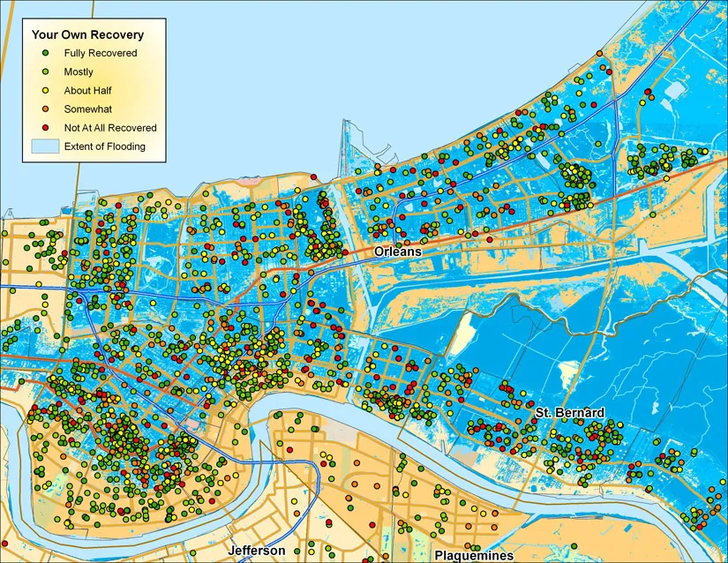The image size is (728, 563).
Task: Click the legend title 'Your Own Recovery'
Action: (x=87, y=35)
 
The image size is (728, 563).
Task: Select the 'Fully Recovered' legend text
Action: (x=100, y=53)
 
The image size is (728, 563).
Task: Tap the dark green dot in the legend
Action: (x=45, y=53)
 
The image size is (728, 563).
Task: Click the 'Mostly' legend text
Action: (x=79, y=72)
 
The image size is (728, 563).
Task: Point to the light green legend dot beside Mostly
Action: (x=45, y=72)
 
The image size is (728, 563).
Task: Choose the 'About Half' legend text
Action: (x=87, y=91)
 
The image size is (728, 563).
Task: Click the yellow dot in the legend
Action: (x=45, y=91)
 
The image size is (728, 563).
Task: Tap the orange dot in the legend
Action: (x=45, y=109)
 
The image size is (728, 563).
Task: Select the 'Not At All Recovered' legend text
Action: (x=109, y=128)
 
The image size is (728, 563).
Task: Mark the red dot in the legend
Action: (x=45, y=128)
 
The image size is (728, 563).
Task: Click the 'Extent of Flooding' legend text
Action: (x=104, y=146)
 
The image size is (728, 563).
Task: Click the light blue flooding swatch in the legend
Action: (x=45, y=146)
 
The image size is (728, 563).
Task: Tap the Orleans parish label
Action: (x=398, y=251)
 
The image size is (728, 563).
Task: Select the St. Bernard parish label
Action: (x=570, y=413)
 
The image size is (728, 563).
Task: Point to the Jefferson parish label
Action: (x=256, y=550)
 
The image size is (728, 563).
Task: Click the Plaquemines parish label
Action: (x=473, y=555)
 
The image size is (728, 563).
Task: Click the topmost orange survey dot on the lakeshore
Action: (x=599, y=54)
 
